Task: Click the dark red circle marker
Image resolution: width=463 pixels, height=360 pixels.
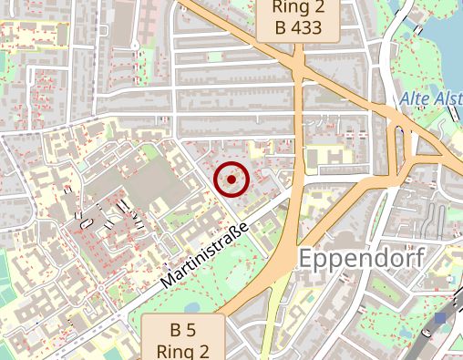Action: click(x=232, y=180)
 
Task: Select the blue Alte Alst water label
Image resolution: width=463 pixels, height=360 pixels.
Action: click(x=430, y=98)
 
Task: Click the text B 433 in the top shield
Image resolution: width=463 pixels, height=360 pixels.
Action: click(x=299, y=27)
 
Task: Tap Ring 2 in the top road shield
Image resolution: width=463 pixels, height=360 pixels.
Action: click(x=299, y=7)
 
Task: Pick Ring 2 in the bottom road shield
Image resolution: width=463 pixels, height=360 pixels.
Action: click(x=183, y=350)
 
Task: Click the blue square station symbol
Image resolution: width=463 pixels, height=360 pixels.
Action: click(x=441, y=318)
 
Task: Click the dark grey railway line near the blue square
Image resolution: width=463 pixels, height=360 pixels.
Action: click(x=428, y=337)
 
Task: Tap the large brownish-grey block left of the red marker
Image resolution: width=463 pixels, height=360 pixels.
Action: click(x=146, y=182)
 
